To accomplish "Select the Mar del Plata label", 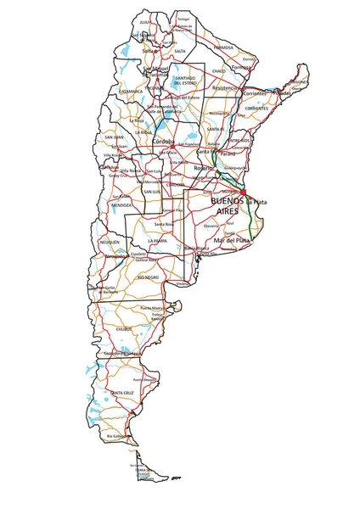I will [232, 241].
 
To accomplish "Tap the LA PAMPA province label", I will [155, 241].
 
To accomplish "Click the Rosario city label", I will [204, 169].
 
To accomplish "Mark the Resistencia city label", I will [225, 87].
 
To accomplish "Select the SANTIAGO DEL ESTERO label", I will [185, 81].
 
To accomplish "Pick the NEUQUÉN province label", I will [110, 243].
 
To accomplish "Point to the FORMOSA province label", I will [224, 49].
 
